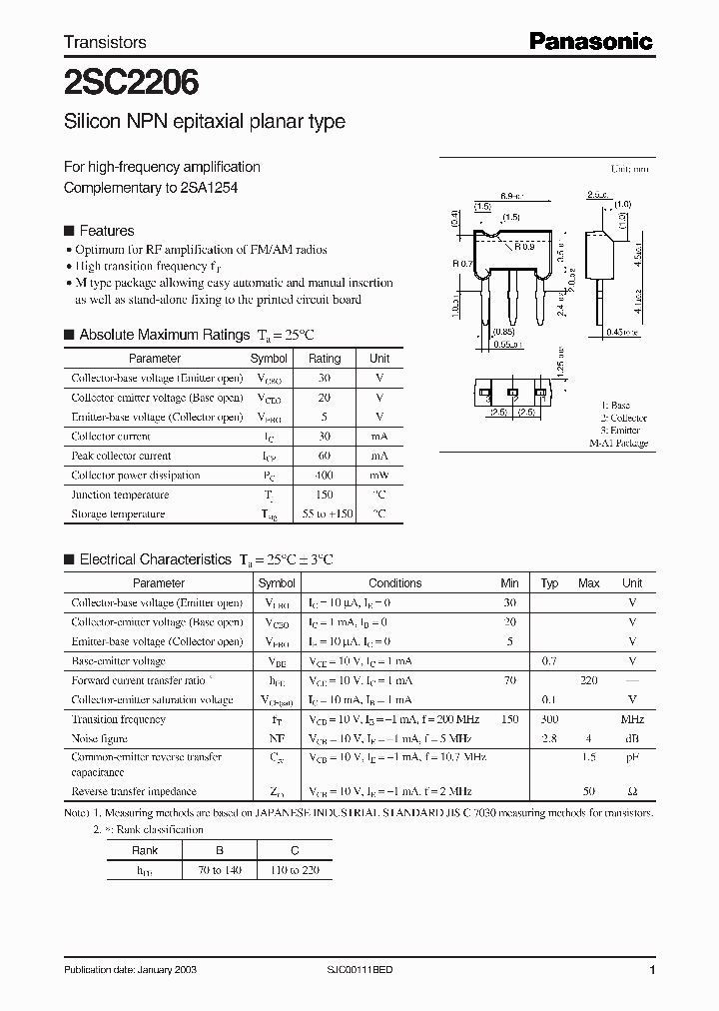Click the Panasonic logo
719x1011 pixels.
[x=589, y=41]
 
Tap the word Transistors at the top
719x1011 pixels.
[x=105, y=42]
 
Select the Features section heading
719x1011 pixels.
[x=106, y=230]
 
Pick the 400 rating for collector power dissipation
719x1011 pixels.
[x=325, y=476]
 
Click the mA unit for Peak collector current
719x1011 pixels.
[x=379, y=456]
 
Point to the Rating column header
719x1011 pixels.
[x=325, y=358]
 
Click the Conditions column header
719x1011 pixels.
[x=395, y=582]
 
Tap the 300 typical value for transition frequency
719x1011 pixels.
[x=549, y=719]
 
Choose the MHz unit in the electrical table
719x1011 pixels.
[x=632, y=719]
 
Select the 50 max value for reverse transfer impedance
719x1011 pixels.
[x=589, y=791]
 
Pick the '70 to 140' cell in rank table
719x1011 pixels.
[x=220, y=870]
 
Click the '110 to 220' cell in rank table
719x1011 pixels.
[x=295, y=870]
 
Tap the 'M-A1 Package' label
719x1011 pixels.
[x=618, y=443]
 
